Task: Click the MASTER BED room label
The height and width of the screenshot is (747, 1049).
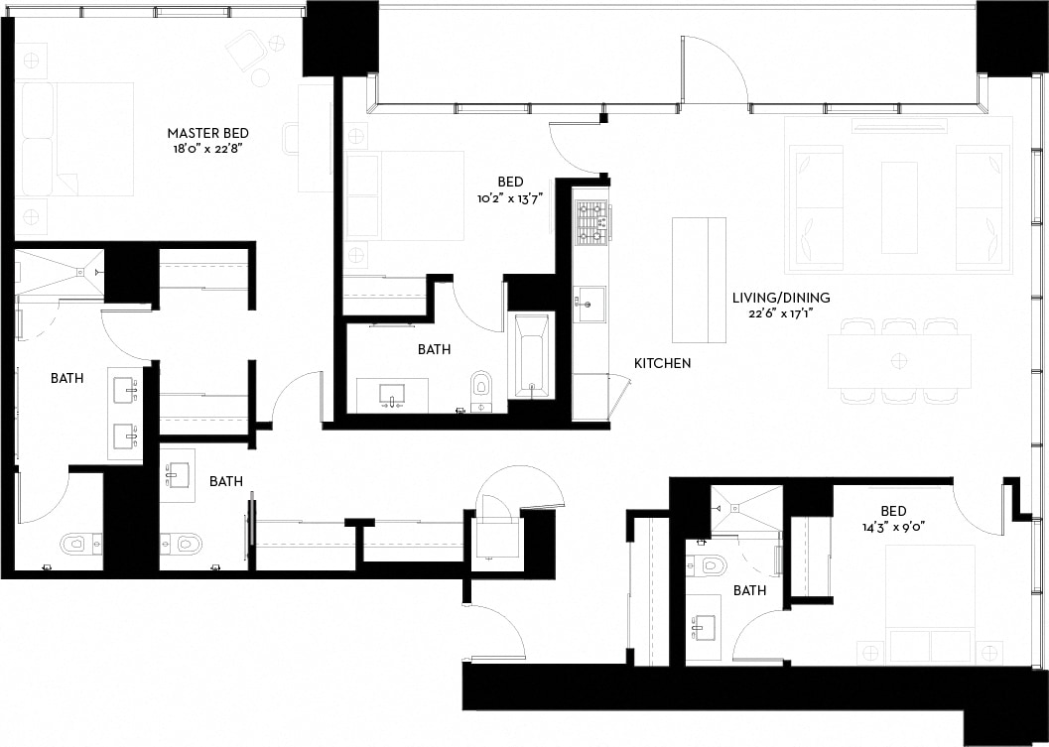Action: tap(207, 133)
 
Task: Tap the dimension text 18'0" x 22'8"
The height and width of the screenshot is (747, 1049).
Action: tap(207, 150)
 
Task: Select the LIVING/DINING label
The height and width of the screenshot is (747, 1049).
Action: tap(781, 298)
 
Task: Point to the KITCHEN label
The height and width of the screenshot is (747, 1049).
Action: tap(663, 364)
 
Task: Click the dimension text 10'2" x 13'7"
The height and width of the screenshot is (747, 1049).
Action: tap(510, 198)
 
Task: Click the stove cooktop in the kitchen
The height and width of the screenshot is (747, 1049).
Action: tap(591, 222)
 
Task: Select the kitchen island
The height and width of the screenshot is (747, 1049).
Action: tap(699, 280)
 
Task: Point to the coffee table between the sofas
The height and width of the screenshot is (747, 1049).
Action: tap(899, 207)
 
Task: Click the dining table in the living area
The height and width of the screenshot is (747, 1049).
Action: tap(899, 360)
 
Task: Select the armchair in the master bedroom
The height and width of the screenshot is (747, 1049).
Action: tap(245, 51)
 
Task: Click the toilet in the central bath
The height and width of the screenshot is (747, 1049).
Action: tap(482, 385)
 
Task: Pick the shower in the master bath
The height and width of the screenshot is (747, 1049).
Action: tap(59, 272)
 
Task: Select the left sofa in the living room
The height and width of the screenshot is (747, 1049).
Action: tap(819, 207)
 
